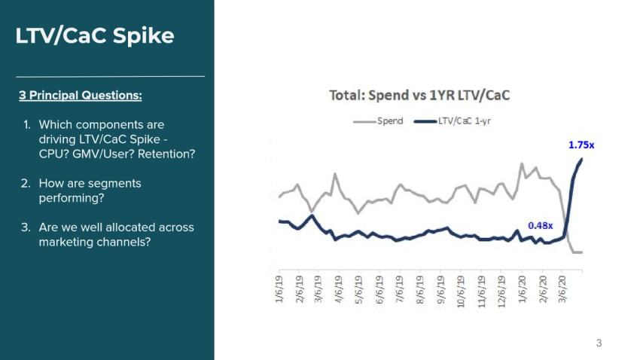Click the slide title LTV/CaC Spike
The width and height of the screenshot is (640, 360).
pyautogui.click(x=95, y=35)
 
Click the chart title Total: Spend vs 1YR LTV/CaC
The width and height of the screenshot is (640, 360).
pyautogui.click(x=420, y=96)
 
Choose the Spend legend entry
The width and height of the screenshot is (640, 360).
pyautogui.click(x=379, y=121)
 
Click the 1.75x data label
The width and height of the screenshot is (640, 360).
pyautogui.click(x=581, y=144)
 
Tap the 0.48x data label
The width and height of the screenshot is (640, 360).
pyautogui.click(x=540, y=224)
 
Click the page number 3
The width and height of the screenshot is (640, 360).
pyautogui.click(x=599, y=343)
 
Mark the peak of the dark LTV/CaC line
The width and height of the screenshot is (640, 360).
pyautogui.click(x=581, y=159)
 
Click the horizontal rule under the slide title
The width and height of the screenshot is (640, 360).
pyautogui.click(x=110, y=76)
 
